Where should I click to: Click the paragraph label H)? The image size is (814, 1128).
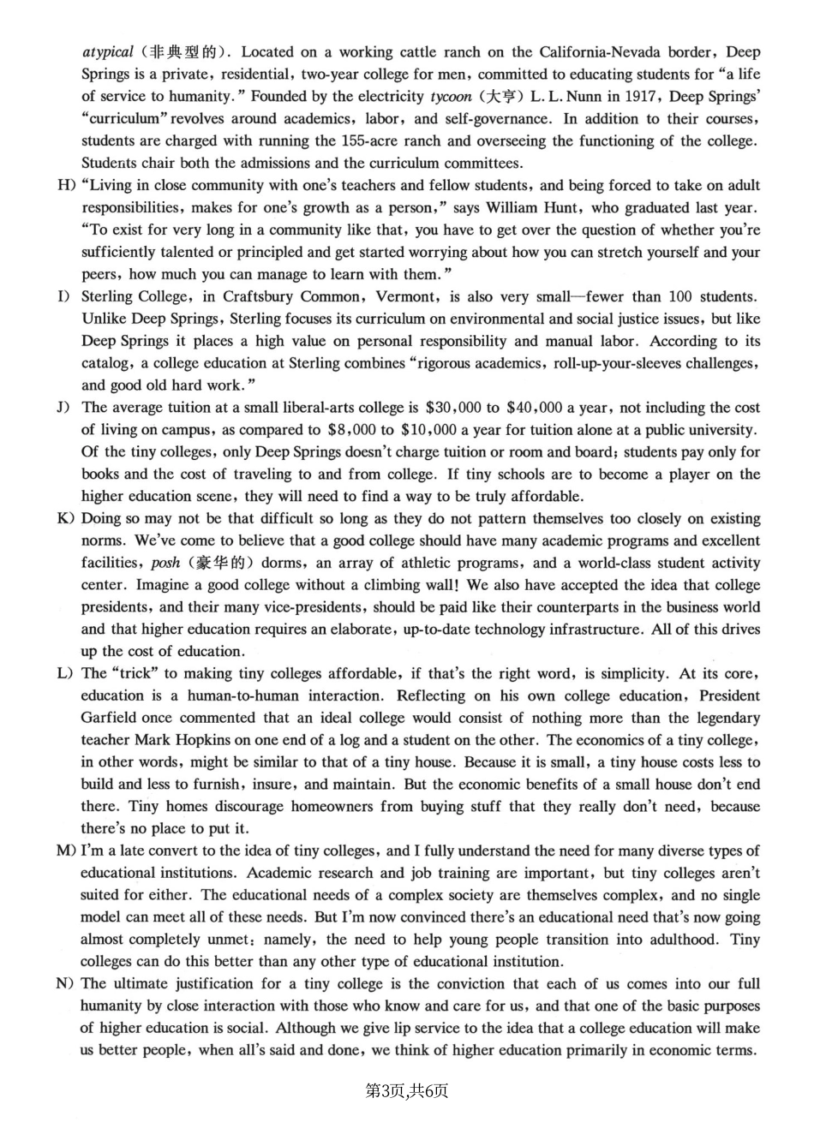[65, 186]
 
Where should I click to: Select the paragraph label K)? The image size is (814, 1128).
[65, 519]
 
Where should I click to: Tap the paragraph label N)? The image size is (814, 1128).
[65, 984]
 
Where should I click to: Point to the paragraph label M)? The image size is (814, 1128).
[65, 851]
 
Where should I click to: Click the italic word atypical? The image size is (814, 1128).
[108, 52]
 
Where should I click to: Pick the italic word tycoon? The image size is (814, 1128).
[451, 97]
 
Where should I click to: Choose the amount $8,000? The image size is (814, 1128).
[351, 430]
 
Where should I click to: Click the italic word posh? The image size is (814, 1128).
[165, 564]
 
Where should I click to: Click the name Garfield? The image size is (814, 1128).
[110, 719]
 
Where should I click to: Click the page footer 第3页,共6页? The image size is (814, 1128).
[406, 1090]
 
